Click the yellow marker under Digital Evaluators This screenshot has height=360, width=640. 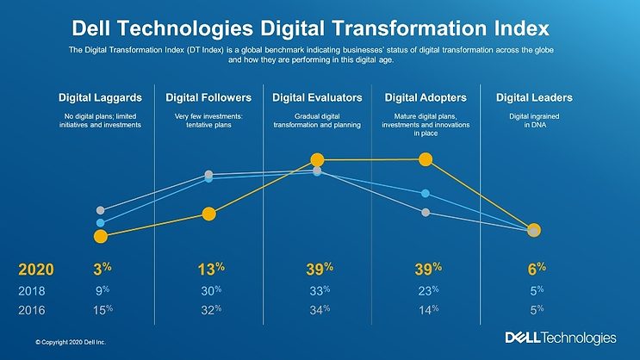pyautogui.click(x=317, y=159)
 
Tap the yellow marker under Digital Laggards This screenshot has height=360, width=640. pyautogui.click(x=101, y=236)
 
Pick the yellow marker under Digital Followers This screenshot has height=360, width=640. pyautogui.click(x=208, y=214)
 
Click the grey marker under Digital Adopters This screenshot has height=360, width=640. pyautogui.click(x=426, y=212)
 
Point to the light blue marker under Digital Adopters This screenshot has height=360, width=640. pyautogui.click(x=425, y=193)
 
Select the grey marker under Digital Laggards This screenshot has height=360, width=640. pyautogui.click(x=101, y=210)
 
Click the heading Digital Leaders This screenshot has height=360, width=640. pyautogui.click(x=534, y=97)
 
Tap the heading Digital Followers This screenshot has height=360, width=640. pyautogui.click(x=209, y=97)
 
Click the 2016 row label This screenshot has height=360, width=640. pyautogui.click(x=32, y=308)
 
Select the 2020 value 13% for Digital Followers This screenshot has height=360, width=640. pyautogui.click(x=210, y=269)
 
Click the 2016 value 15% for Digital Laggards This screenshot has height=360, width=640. pyautogui.click(x=103, y=308)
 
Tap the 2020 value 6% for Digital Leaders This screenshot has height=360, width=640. pyautogui.click(x=534, y=269)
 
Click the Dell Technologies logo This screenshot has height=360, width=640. pyautogui.click(x=560, y=338)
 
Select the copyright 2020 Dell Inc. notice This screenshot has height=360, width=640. pyautogui.click(x=65, y=342)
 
